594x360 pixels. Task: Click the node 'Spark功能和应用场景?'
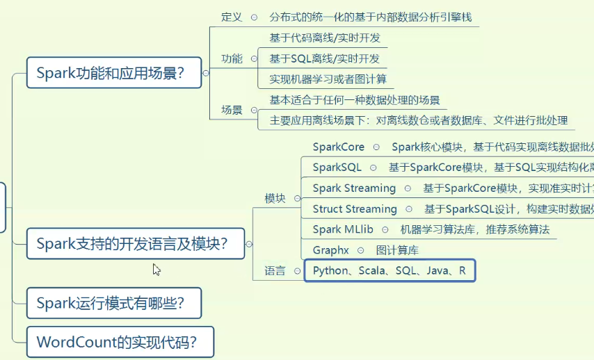[x=113, y=72]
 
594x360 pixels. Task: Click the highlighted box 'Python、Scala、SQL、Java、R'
[x=390, y=270]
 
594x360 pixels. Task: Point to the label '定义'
[x=231, y=17]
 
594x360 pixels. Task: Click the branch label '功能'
[x=232, y=58]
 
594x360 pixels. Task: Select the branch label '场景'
[x=232, y=110]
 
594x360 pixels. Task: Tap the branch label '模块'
[x=275, y=198]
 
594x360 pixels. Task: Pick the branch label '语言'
[x=275, y=270]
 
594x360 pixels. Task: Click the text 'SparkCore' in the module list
[x=339, y=147]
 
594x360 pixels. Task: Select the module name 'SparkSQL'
[x=337, y=167]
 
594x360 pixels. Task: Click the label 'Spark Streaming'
[x=354, y=188]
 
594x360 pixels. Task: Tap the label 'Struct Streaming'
[x=355, y=208]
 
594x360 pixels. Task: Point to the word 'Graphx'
[x=331, y=250]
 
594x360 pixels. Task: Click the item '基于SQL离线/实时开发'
[x=325, y=58]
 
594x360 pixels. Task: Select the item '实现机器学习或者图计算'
[x=328, y=79]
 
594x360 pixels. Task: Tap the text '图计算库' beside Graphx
[x=397, y=250]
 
